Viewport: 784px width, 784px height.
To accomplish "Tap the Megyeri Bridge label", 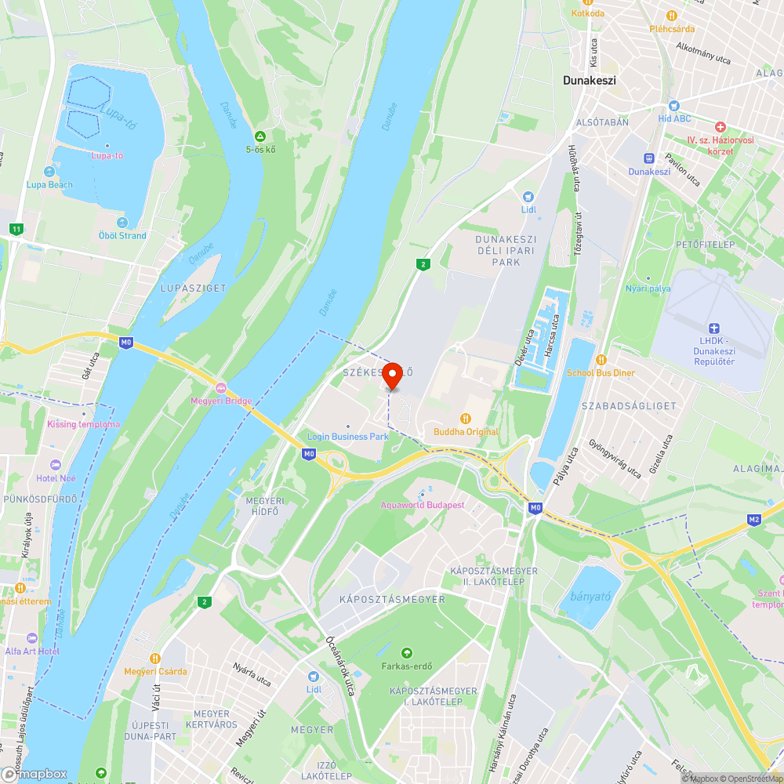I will [x=222, y=401].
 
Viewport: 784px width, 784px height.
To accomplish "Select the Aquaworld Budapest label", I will [x=422, y=504].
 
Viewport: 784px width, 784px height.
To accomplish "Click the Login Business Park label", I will [x=348, y=437].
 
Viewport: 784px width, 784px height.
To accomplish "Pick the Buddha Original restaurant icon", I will [x=466, y=418].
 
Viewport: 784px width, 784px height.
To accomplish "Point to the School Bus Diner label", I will [x=601, y=373].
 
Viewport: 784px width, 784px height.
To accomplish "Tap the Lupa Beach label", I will [x=49, y=185].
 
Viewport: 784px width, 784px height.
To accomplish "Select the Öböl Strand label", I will [x=122, y=235].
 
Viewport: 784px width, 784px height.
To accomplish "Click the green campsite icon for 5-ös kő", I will [x=260, y=136].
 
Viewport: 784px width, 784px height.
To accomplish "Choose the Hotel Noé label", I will [x=56, y=477].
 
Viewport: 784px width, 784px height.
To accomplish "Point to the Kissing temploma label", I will [x=84, y=424].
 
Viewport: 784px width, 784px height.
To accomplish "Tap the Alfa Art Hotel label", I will [x=32, y=651].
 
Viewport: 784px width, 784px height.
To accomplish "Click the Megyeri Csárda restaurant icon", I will [x=155, y=658].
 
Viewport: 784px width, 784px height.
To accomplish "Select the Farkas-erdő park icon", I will [x=406, y=653].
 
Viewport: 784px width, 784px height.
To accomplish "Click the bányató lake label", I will [x=591, y=596].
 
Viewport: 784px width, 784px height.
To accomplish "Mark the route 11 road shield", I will [x=16, y=229].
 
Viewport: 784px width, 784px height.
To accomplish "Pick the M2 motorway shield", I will [x=754, y=519].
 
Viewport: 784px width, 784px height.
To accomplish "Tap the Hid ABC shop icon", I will [x=673, y=105].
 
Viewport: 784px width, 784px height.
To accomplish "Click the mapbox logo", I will [x=35, y=773].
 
